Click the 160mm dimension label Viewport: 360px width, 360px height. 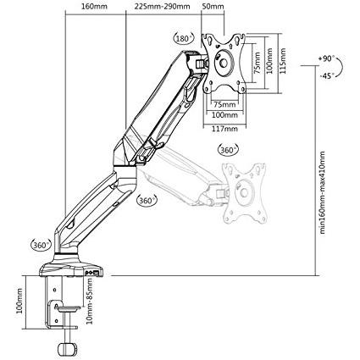click(94, 7)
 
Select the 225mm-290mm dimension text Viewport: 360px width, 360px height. click(162, 7)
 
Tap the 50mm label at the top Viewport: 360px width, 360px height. click(213, 7)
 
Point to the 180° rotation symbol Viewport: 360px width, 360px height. click(185, 38)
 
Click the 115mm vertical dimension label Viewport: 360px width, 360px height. click(283, 61)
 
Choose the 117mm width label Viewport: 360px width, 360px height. click(224, 129)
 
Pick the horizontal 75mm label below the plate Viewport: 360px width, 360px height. click(224, 104)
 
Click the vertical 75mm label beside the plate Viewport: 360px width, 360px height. click(257, 63)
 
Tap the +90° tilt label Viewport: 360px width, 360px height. click(326, 58)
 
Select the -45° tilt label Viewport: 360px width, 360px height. click(327, 75)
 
